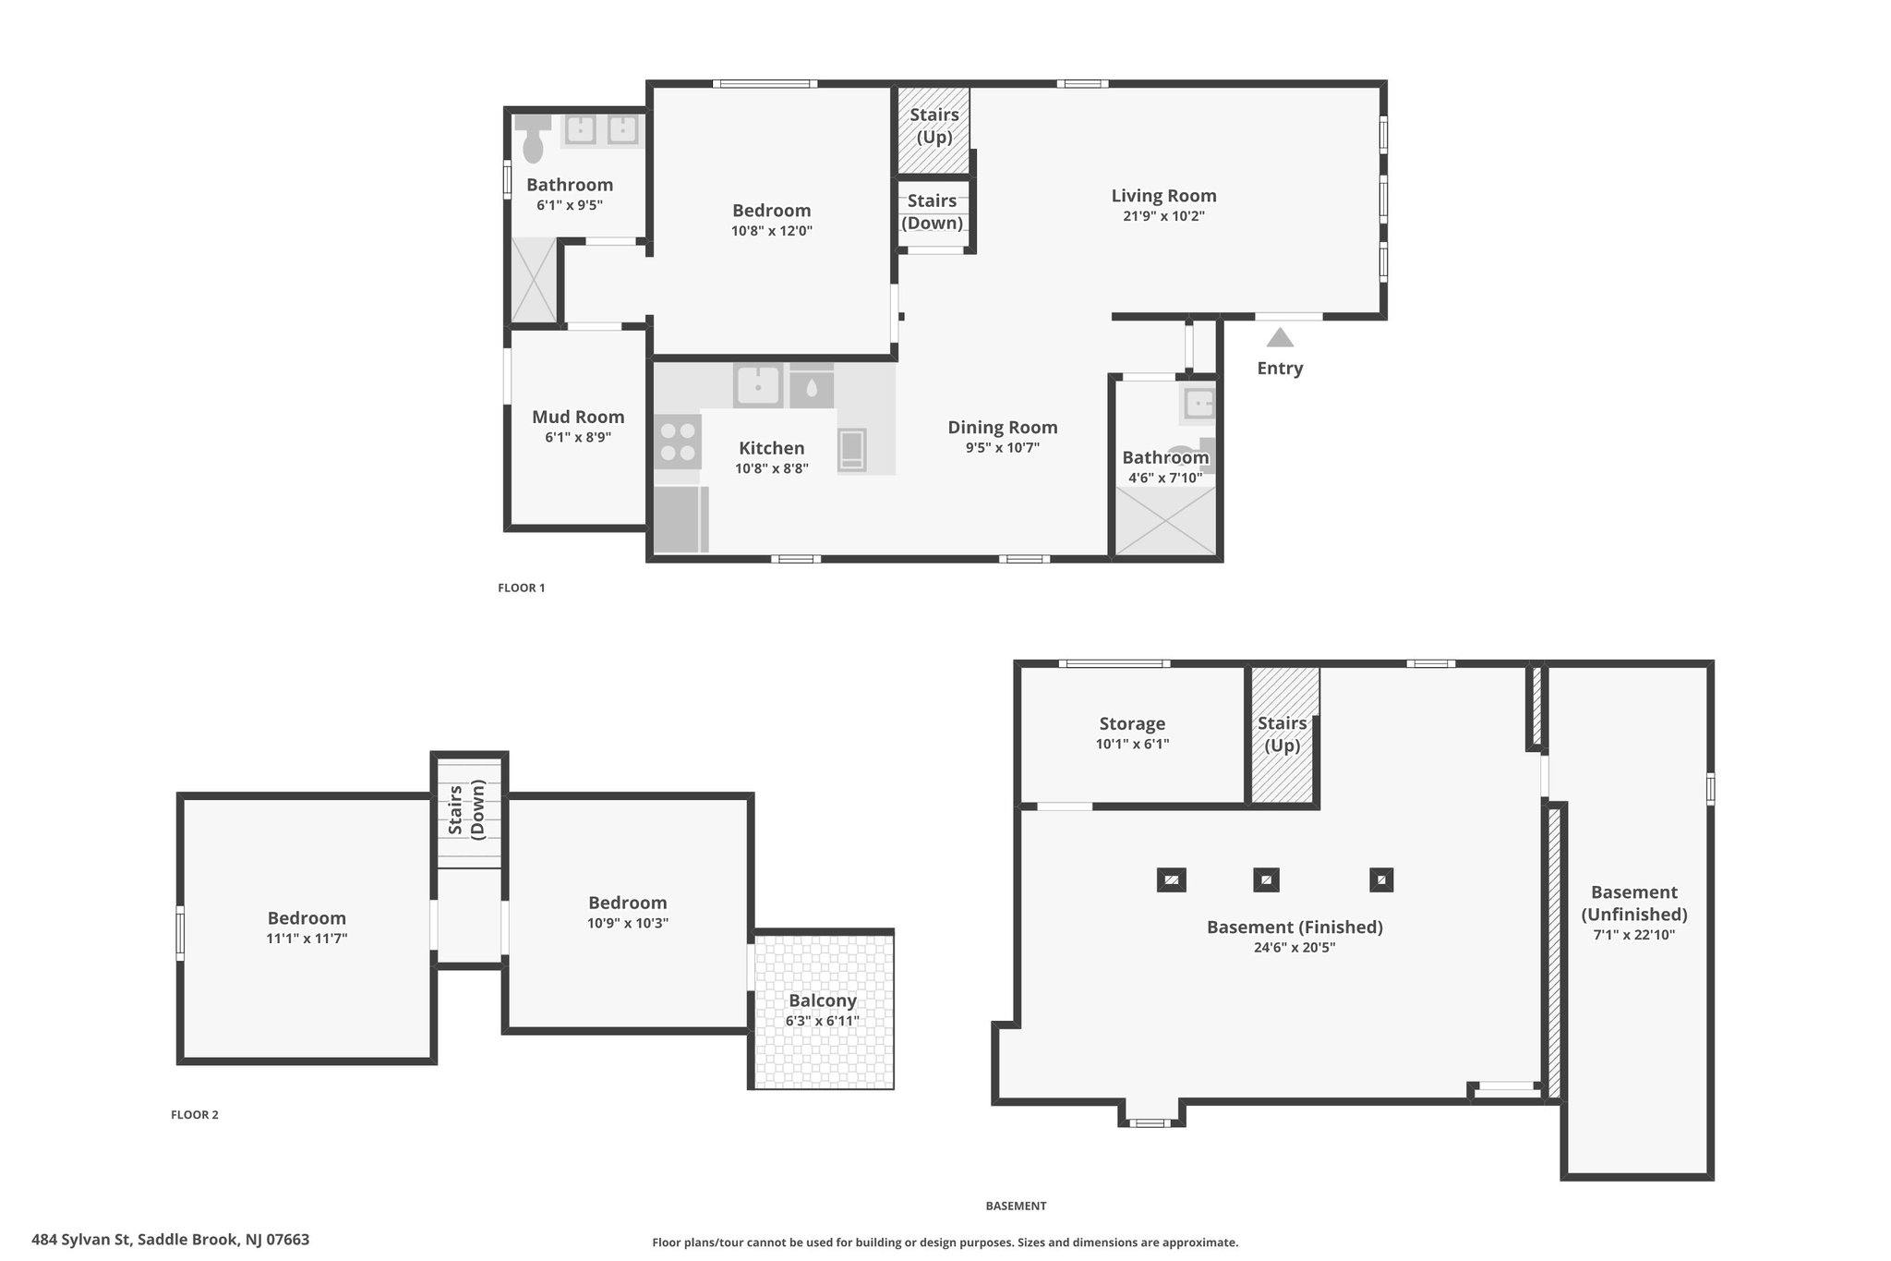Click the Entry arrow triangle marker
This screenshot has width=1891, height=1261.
point(1280,337)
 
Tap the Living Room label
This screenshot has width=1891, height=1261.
point(1163,196)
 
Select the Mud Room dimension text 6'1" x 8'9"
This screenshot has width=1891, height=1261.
point(578,437)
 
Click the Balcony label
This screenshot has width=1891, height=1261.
point(823,1000)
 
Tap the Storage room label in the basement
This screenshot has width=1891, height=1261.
point(1132,724)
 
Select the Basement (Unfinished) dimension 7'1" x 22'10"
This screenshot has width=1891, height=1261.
point(1634,934)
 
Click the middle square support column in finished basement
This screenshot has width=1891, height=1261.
point(1266,879)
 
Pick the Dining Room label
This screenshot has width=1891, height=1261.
point(1003,428)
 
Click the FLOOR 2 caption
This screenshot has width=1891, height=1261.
point(195,1115)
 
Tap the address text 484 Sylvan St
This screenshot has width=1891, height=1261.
point(82,1240)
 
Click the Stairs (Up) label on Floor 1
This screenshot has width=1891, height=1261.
point(934,126)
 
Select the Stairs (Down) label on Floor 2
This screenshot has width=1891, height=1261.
point(466,810)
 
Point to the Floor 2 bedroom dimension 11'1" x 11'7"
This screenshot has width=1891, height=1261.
point(307,939)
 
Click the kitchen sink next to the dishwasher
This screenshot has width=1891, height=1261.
point(758,385)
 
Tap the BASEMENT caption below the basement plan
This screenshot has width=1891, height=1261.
point(1016,1206)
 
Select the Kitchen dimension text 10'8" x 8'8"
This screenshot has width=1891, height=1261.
point(772,468)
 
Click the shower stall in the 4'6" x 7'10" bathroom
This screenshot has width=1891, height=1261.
point(1165,521)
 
